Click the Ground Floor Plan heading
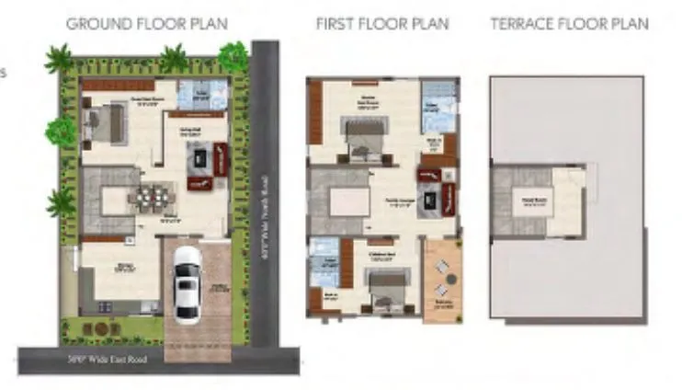147,24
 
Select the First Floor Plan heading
382,24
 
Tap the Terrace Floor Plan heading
569,24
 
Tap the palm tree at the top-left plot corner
61,61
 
